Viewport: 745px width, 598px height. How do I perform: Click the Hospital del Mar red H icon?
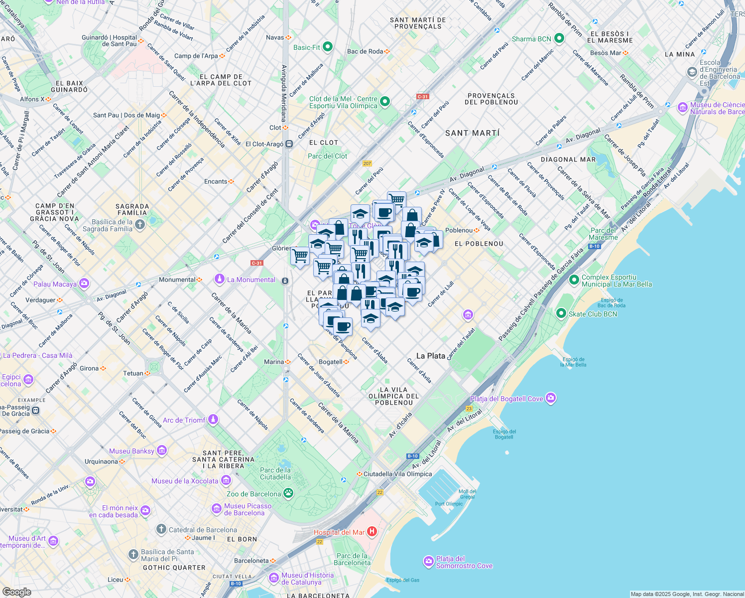pos(372,532)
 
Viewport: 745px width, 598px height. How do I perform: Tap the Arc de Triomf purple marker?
pos(213,420)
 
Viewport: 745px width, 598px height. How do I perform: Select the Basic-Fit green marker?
pos(327,47)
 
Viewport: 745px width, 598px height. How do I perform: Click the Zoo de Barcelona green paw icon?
pos(288,493)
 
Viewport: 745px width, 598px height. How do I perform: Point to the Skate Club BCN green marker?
pos(561,313)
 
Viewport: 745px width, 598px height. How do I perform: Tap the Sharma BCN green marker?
pos(559,38)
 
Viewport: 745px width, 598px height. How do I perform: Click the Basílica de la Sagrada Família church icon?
pos(140,225)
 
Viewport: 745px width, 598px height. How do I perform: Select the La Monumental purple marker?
pos(219,279)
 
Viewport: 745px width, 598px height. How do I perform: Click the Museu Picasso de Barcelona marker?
pos(217,509)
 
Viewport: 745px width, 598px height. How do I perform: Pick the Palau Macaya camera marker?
pos(84,284)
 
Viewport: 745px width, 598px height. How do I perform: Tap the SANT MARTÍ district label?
pos(472,133)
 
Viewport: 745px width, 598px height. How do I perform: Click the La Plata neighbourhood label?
pos(430,356)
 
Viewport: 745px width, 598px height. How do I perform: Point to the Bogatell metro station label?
pos(331,362)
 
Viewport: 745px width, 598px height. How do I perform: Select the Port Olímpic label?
pos(449,504)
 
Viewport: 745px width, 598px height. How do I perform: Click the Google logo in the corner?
pos(16,592)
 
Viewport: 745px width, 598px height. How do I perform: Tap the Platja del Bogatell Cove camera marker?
pos(550,398)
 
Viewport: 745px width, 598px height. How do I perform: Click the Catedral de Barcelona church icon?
pos(161,529)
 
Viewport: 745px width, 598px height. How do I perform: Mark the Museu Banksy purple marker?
pos(161,450)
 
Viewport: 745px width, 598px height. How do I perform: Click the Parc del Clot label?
pos(327,156)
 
